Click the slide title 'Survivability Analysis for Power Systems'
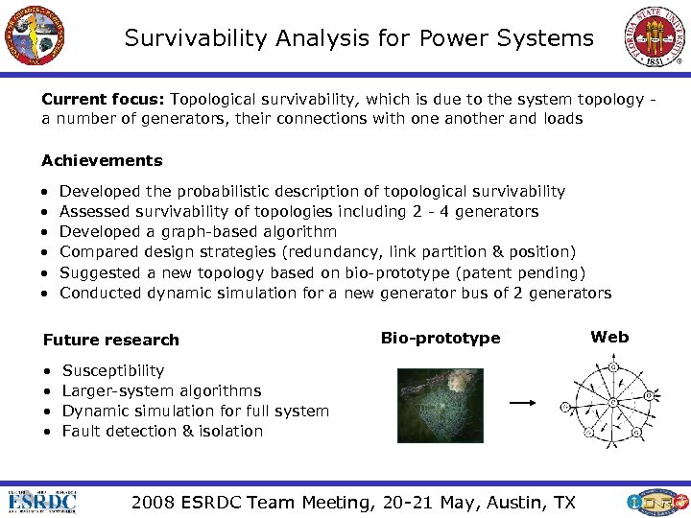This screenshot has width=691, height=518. [x=359, y=38]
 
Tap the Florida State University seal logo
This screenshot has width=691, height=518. [x=656, y=35]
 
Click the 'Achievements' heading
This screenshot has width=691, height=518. [x=102, y=161]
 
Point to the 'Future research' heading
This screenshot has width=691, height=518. [x=110, y=340]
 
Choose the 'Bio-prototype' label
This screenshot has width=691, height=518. [x=441, y=338]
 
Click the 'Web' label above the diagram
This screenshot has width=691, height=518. [x=609, y=337]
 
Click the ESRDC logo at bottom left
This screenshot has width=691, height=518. [x=42, y=502]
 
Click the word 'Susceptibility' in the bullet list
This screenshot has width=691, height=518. [x=112, y=370]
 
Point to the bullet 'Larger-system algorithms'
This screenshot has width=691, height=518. [x=161, y=390]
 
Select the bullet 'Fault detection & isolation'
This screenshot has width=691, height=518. [x=162, y=431]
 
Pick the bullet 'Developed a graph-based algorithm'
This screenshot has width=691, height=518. [x=198, y=232]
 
